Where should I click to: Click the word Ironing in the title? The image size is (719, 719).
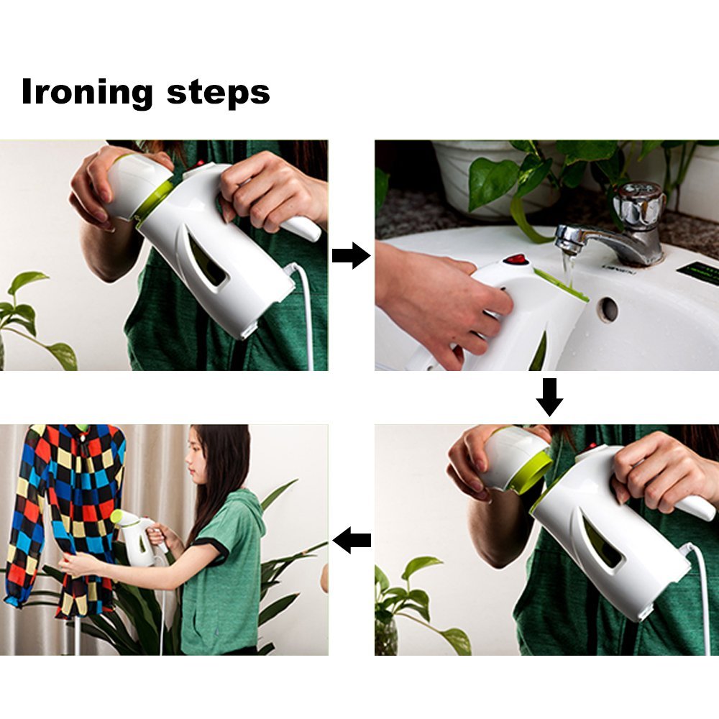tap(87, 93)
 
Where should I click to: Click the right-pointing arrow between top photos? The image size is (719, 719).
tap(351, 255)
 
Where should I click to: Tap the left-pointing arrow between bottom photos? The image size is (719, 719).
tap(352, 539)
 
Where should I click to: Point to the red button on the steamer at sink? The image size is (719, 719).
tap(514, 259)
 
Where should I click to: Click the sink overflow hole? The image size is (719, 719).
tap(608, 309)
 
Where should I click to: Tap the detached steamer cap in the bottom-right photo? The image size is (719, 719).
tap(514, 460)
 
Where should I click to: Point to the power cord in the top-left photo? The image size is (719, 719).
tap(306, 316)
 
